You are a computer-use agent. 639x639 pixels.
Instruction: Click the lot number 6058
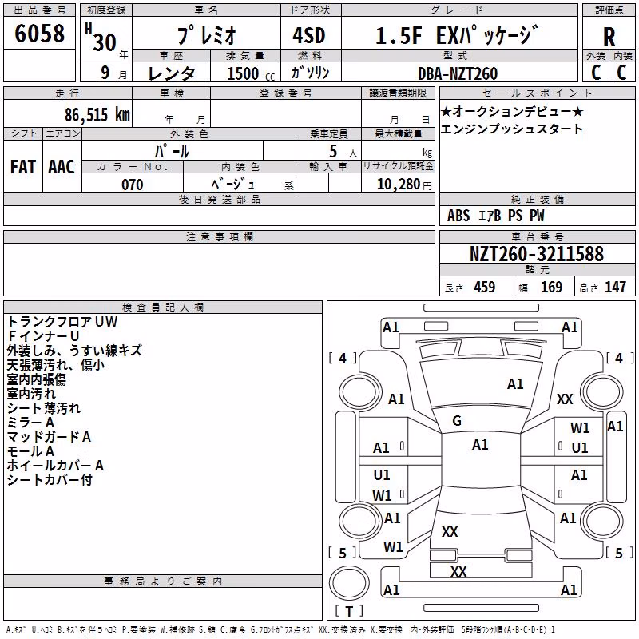tap(39, 33)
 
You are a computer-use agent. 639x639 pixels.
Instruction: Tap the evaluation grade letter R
tap(609, 37)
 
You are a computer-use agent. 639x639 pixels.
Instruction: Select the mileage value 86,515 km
tap(97, 114)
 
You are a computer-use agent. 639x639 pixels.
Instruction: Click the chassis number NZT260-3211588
tap(536, 253)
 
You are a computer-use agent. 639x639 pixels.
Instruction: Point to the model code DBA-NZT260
tap(458, 73)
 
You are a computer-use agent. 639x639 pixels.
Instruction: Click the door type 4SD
tap(309, 35)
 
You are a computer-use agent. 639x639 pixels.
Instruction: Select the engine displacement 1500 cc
tap(250, 73)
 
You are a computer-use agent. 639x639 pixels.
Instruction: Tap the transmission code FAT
tap(23, 167)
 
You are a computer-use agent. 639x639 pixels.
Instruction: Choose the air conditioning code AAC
tap(62, 167)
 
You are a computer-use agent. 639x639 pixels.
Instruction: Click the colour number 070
tap(133, 185)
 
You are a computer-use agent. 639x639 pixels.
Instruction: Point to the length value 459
tap(485, 287)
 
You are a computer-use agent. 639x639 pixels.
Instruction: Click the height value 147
tap(615, 287)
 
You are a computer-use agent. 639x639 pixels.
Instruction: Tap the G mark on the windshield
tap(457, 421)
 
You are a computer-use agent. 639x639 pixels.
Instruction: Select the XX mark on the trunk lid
tap(450, 531)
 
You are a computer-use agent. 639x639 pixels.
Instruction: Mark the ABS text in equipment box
tap(458, 216)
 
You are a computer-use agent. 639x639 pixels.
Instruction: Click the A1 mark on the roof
tap(480, 445)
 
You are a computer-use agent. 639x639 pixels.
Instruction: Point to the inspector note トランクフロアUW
tap(62, 322)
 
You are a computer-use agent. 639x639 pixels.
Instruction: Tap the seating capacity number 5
tap(333, 151)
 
